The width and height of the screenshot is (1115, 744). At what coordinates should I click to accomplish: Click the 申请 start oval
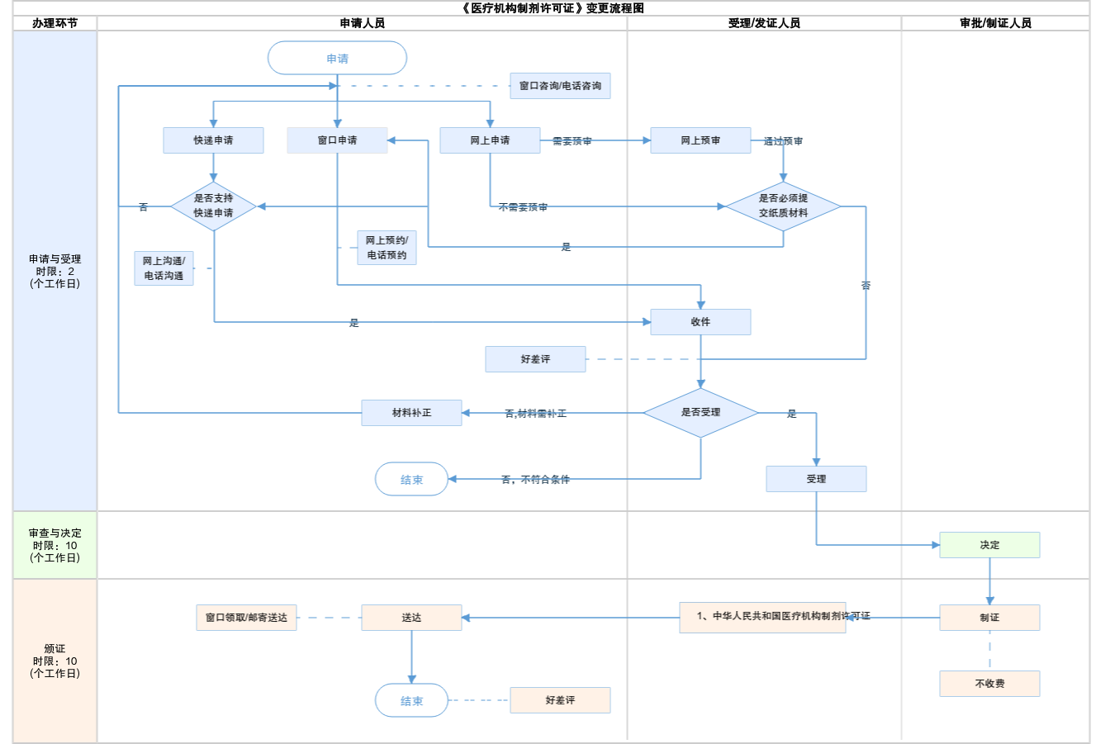[337, 59]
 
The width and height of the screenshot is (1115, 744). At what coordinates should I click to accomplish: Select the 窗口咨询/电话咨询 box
[560, 86]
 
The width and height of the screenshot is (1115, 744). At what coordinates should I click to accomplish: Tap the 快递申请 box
[213, 140]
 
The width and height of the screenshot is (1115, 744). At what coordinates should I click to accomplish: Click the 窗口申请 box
[337, 140]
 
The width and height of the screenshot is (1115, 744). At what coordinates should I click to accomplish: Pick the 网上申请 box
[490, 140]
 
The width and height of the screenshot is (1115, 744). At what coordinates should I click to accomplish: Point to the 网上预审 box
[700, 140]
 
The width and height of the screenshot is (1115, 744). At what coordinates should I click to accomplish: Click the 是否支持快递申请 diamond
[213, 206]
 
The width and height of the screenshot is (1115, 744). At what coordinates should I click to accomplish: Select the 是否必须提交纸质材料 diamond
[783, 206]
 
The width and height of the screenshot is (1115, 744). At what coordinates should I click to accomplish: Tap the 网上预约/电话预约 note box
[387, 248]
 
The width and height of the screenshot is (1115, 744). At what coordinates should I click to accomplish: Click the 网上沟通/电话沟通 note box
[164, 268]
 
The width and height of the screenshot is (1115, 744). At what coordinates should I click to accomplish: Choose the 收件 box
[700, 322]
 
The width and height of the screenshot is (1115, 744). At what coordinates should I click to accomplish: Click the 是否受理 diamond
[700, 413]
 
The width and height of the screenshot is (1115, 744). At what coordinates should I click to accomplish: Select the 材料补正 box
[411, 413]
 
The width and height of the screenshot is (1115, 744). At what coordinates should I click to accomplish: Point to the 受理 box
[816, 479]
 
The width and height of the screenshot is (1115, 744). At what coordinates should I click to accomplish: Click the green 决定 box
[989, 545]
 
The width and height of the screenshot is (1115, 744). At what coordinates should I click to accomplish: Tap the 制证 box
[989, 618]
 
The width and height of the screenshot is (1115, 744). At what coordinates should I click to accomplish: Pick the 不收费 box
[989, 684]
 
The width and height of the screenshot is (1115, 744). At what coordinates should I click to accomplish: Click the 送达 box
[411, 618]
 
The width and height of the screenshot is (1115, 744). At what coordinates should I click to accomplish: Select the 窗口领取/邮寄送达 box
[246, 618]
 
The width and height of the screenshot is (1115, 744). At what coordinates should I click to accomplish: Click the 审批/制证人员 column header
[995, 23]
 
